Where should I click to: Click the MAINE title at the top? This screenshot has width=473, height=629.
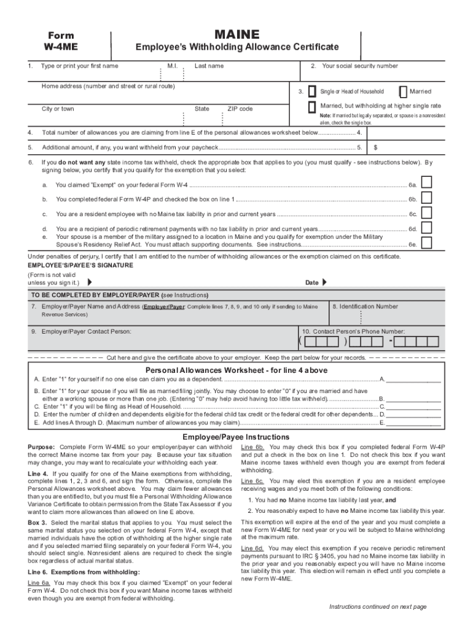[237, 34]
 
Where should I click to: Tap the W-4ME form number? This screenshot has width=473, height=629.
[60, 47]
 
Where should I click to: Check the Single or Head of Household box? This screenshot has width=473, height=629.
[312, 92]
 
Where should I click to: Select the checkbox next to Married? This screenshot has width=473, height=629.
[403, 92]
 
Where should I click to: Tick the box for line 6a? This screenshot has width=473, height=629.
[426, 182]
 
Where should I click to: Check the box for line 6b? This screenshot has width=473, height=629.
[426, 197]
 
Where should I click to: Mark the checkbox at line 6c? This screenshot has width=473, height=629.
[426, 213]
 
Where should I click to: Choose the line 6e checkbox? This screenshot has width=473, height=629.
[426, 241]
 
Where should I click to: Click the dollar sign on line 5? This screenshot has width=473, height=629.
[375, 147]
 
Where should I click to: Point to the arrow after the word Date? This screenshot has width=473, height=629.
[324, 283]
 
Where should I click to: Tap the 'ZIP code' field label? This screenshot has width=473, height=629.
[240, 109]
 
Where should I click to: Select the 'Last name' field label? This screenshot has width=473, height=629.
[209, 66]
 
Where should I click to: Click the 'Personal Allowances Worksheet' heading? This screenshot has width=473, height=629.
[236, 370]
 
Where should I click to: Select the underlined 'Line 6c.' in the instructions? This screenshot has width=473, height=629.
[252, 481]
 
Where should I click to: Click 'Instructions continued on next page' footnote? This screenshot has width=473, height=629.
[377, 607]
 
